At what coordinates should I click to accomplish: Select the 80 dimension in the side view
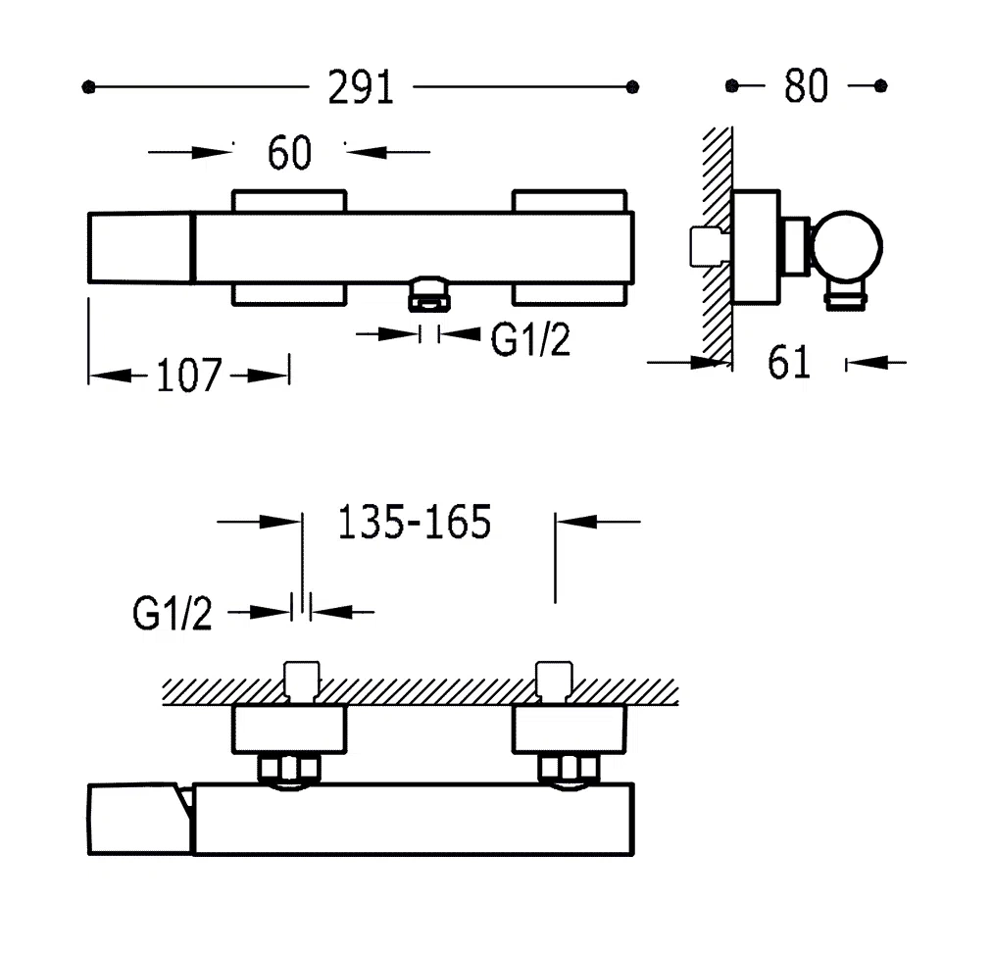coord(806,86)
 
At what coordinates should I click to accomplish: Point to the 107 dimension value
coord(189,376)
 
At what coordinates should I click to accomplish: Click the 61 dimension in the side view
coord(789,363)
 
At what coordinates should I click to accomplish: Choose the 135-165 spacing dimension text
coord(414,523)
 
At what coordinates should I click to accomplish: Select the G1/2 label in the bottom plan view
coord(173,615)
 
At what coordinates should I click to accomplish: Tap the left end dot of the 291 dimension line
coord(89,87)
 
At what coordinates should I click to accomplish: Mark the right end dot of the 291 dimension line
coord(632,87)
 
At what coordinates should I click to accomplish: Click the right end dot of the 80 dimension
coord(880,86)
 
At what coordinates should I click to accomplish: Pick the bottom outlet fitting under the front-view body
coord(429,293)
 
